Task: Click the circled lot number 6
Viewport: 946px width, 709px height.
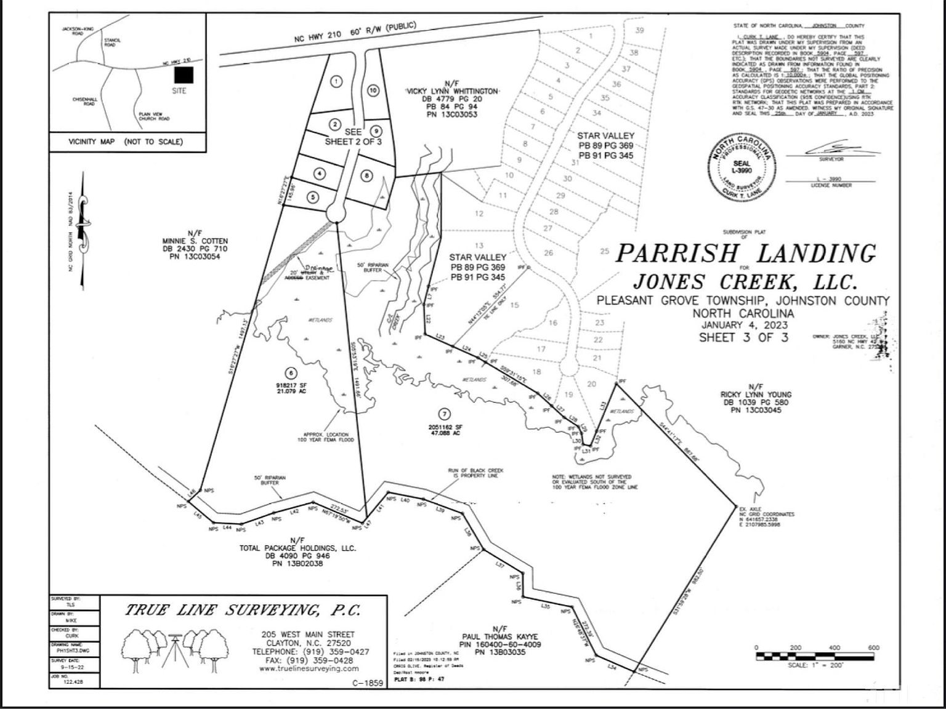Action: coord(291,373)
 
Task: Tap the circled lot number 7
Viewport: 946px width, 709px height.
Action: coord(445,415)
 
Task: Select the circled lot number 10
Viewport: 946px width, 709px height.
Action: coord(373,90)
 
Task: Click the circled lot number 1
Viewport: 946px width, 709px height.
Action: coord(336,81)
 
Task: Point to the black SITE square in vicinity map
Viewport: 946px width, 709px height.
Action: coord(183,75)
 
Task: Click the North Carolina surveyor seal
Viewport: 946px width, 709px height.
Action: coord(742,167)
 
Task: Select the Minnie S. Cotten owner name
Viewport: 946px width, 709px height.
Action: coord(195,241)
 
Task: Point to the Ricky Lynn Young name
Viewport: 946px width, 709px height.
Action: coord(756,395)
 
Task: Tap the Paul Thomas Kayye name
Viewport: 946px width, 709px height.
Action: coord(499,637)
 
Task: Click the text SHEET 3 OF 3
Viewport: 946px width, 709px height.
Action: coord(743,337)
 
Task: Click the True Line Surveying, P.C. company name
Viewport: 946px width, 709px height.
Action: coord(243,610)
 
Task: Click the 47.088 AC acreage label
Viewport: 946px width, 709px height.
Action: coord(445,433)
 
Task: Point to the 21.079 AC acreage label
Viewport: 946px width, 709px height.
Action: coord(291,391)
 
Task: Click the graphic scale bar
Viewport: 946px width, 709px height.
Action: coord(815,656)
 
